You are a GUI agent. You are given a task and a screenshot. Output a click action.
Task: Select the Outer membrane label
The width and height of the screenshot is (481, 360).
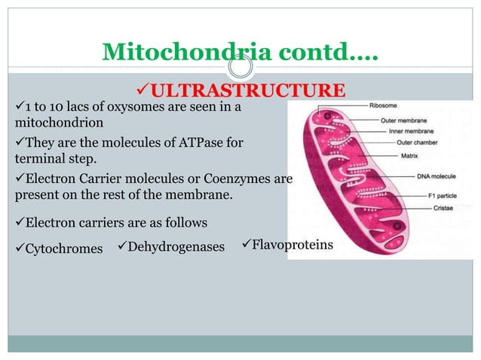[x=397, y=119]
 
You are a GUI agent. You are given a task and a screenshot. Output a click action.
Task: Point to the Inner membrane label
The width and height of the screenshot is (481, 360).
[x=397, y=132]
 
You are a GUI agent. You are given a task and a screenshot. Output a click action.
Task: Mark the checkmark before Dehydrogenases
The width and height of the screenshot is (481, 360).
[x=121, y=246]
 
